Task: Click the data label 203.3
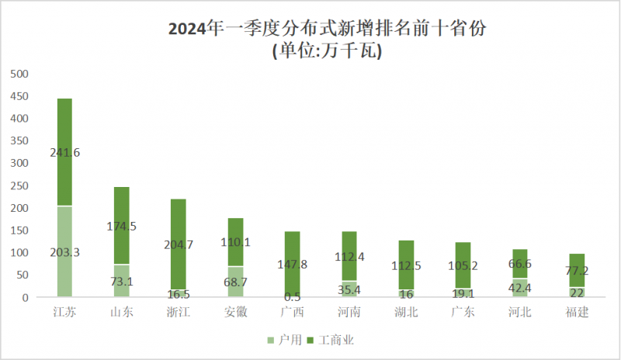tap(65, 251)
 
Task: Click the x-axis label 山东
tap(122, 312)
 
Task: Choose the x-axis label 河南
tap(349, 312)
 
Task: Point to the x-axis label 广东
tap(462, 312)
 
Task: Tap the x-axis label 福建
tap(575, 312)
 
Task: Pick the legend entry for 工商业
tap(333, 340)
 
